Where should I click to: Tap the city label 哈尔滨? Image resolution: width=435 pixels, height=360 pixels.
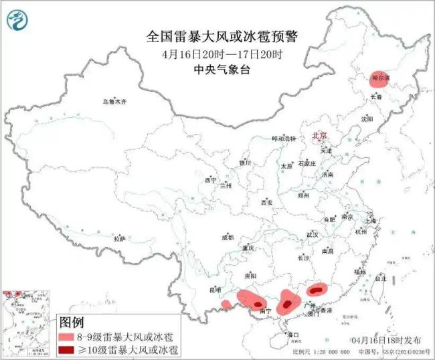(x=379, y=78)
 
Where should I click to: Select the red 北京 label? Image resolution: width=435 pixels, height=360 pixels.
(x=319, y=136)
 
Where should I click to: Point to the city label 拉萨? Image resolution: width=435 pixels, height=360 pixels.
(x=120, y=239)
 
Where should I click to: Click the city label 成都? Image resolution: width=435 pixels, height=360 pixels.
(x=227, y=238)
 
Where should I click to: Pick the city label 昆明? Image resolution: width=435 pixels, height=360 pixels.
(x=214, y=290)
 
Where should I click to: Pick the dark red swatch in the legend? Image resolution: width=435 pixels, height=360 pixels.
(x=67, y=350)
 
